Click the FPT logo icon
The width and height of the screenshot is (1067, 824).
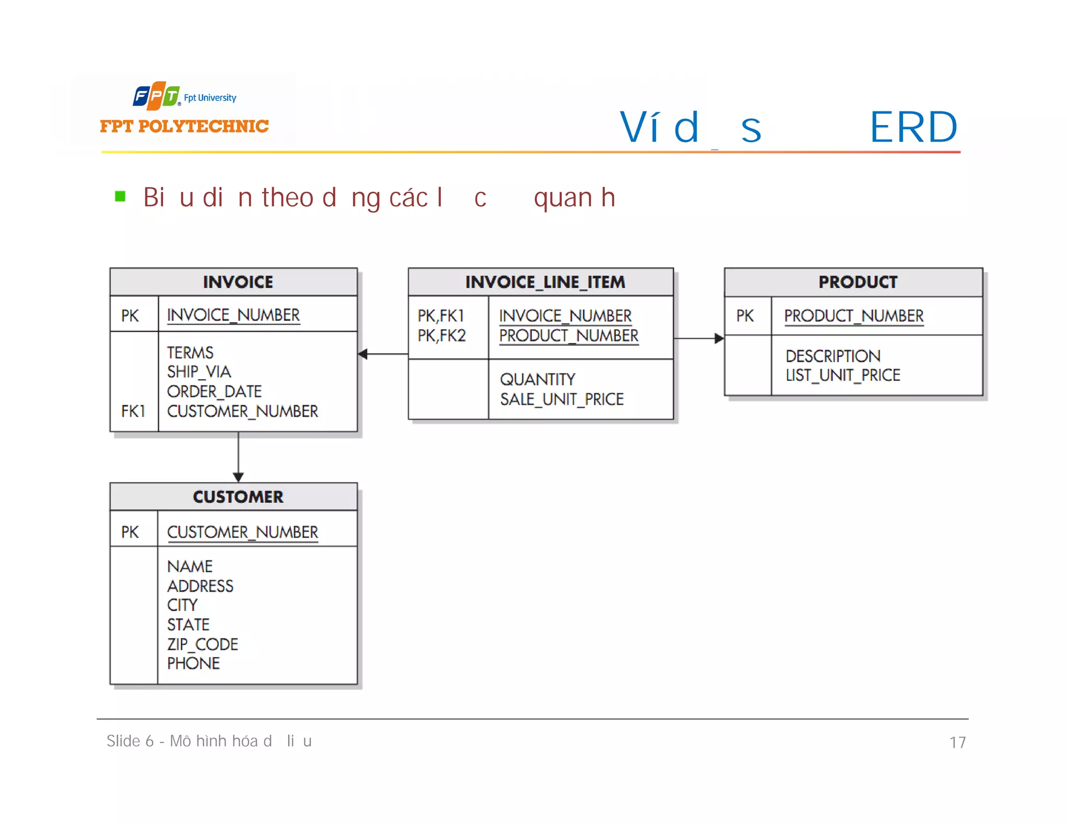click(x=156, y=96)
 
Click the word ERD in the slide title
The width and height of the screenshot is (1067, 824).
click(x=913, y=127)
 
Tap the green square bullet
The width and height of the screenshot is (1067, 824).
click(x=120, y=196)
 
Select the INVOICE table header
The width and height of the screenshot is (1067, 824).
click(x=238, y=282)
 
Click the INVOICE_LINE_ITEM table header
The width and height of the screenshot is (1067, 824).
click(x=545, y=282)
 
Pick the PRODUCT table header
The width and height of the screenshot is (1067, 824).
click(x=858, y=282)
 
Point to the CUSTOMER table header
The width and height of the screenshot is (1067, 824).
click(x=238, y=497)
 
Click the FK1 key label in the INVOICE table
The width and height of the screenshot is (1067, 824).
click(x=133, y=411)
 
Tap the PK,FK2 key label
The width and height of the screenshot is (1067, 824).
click(x=441, y=336)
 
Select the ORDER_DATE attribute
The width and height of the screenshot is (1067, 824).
click(x=214, y=391)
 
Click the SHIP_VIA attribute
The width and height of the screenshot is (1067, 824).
click(x=198, y=371)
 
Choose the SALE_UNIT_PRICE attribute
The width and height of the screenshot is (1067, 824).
click(x=562, y=399)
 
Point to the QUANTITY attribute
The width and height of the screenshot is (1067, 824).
click(x=537, y=379)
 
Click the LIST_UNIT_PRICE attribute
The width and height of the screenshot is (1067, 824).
click(x=842, y=375)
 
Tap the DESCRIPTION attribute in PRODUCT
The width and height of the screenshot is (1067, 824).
click(x=833, y=356)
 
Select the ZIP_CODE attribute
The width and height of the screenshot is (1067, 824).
click(x=202, y=644)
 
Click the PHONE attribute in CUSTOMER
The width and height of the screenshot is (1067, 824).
click(x=193, y=664)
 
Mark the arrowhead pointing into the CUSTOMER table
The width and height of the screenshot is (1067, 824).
click(x=238, y=477)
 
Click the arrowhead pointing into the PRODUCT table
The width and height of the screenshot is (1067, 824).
click(x=719, y=339)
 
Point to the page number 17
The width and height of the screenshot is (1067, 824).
click(x=957, y=742)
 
